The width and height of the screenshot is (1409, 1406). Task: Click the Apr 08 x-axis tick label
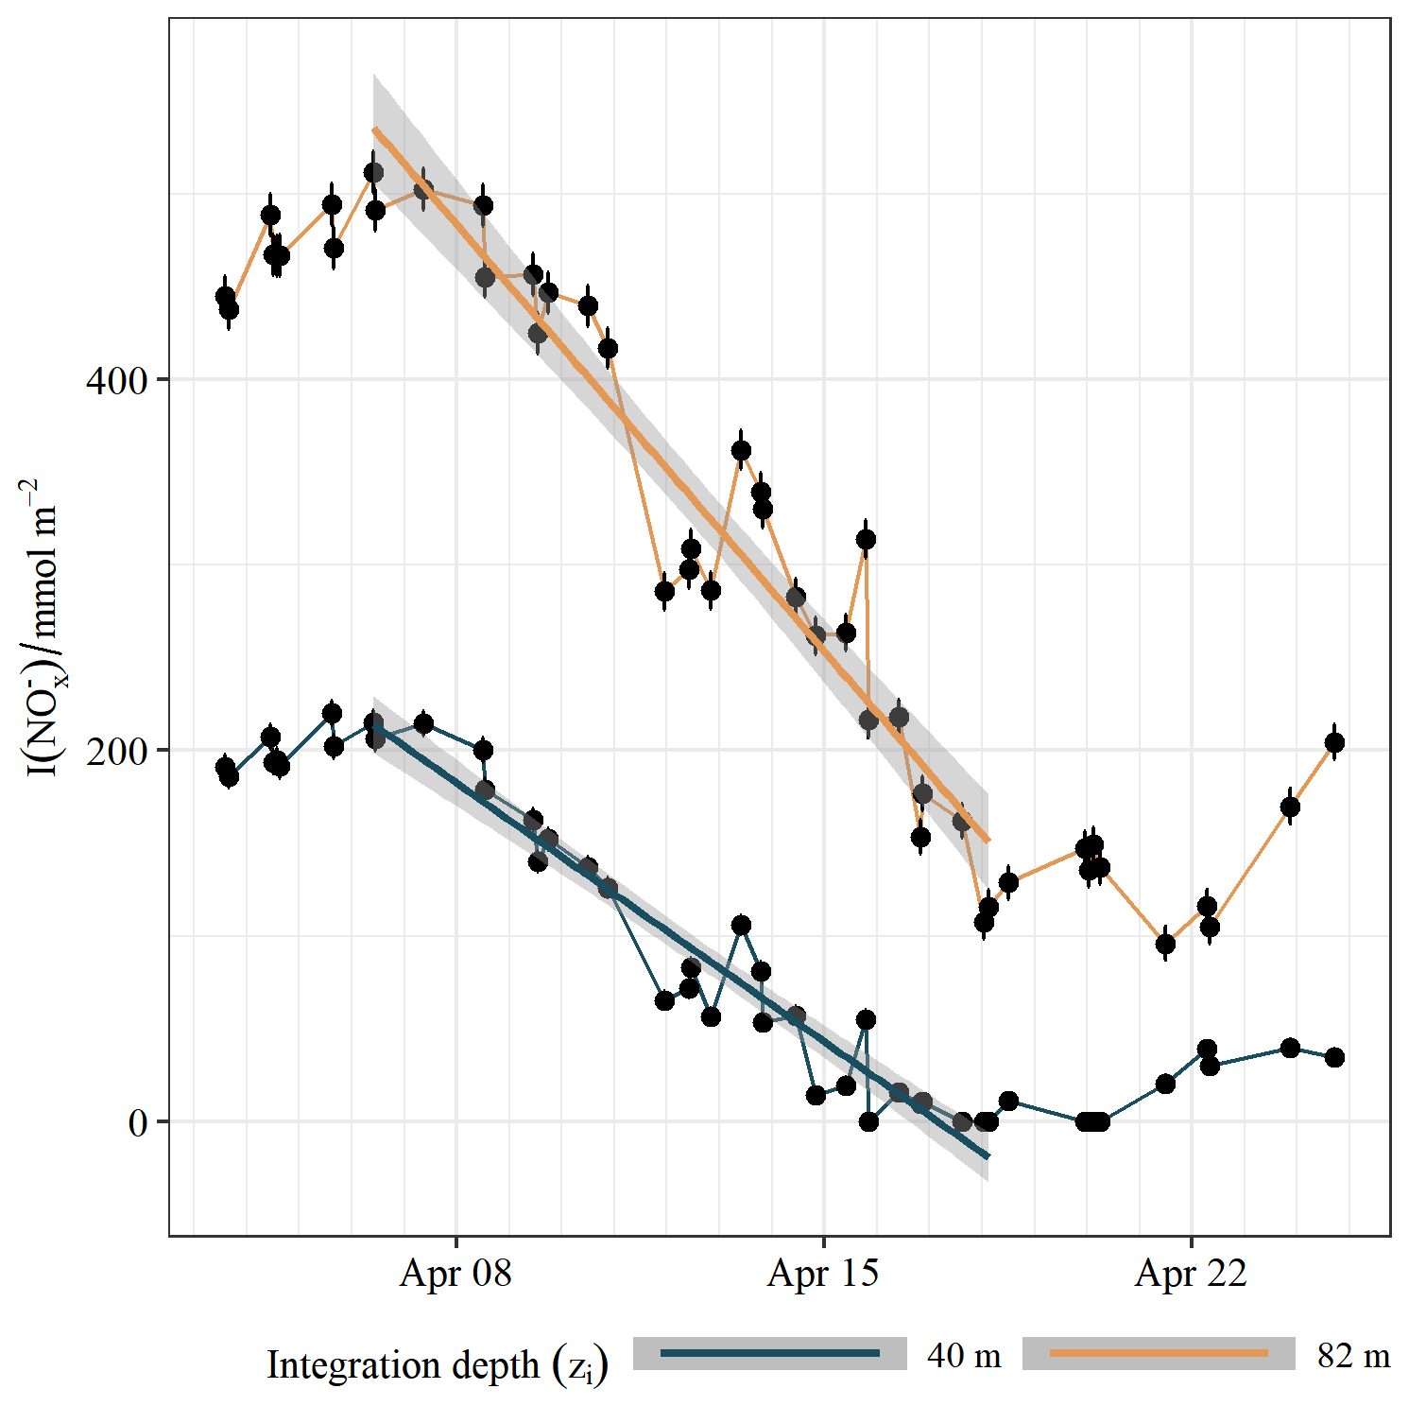pyautogui.click(x=455, y=1274)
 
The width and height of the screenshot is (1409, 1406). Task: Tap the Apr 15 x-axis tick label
pyautogui.click(x=823, y=1274)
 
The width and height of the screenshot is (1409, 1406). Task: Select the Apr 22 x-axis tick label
pyautogui.click(x=1191, y=1274)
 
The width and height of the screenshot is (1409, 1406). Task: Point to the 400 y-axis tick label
pyautogui.click(x=117, y=381)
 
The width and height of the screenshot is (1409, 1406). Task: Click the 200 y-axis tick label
pyautogui.click(x=117, y=752)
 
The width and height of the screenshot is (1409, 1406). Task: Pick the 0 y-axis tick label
pyautogui.click(x=138, y=1123)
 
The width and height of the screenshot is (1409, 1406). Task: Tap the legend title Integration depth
pyautogui.click(x=437, y=1365)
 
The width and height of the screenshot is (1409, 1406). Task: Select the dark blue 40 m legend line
pyautogui.click(x=769, y=1354)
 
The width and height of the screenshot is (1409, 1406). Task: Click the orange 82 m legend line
pyautogui.click(x=1159, y=1354)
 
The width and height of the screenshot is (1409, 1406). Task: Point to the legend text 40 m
pyautogui.click(x=964, y=1356)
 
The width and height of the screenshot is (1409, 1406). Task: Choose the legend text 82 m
pyautogui.click(x=1353, y=1356)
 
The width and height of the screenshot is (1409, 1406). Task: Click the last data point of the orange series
pyautogui.click(x=1334, y=743)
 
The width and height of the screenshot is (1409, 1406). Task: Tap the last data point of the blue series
pyautogui.click(x=1334, y=1057)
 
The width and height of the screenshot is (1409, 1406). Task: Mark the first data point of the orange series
pyautogui.click(x=225, y=296)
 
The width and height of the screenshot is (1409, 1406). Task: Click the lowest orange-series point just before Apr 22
pyautogui.click(x=1165, y=944)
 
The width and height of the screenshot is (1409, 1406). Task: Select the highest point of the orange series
pyautogui.click(x=374, y=172)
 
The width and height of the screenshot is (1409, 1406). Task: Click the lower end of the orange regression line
pyautogui.click(x=988, y=841)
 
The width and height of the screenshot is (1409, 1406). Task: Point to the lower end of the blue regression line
pyautogui.click(x=988, y=1156)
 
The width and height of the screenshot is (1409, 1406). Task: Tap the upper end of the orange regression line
pyautogui.click(x=374, y=130)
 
